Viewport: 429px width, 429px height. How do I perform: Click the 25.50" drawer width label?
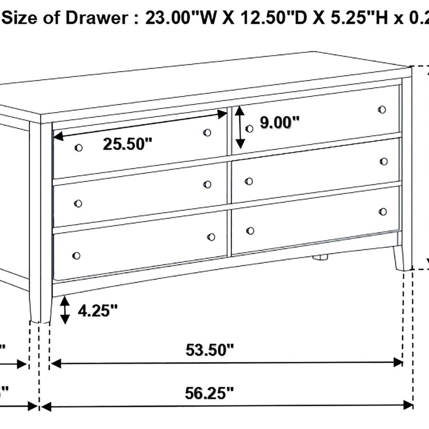pyautogui.click(x=127, y=143)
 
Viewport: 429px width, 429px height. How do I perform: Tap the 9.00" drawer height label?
pyautogui.click(x=279, y=123)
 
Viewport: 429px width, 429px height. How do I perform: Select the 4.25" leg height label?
pyautogui.click(x=97, y=311)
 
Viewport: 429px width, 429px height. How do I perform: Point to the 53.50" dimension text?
pyautogui.click(x=210, y=350)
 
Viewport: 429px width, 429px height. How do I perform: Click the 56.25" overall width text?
pyautogui.click(x=210, y=393)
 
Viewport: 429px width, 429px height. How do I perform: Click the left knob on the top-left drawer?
pyautogui.click(x=79, y=148)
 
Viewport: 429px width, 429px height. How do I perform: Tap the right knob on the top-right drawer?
pyautogui.click(x=382, y=110)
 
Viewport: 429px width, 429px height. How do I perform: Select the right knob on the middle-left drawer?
pyautogui.click(x=207, y=184)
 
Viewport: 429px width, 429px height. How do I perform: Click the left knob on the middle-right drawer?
pyautogui.click(x=248, y=181)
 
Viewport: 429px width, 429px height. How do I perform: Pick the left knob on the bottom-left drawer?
pyautogui.click(x=76, y=256)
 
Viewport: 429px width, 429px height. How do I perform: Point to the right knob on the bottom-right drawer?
pyautogui.click(x=382, y=211)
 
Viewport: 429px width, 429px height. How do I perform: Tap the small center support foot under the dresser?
pyautogui.click(x=320, y=257)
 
